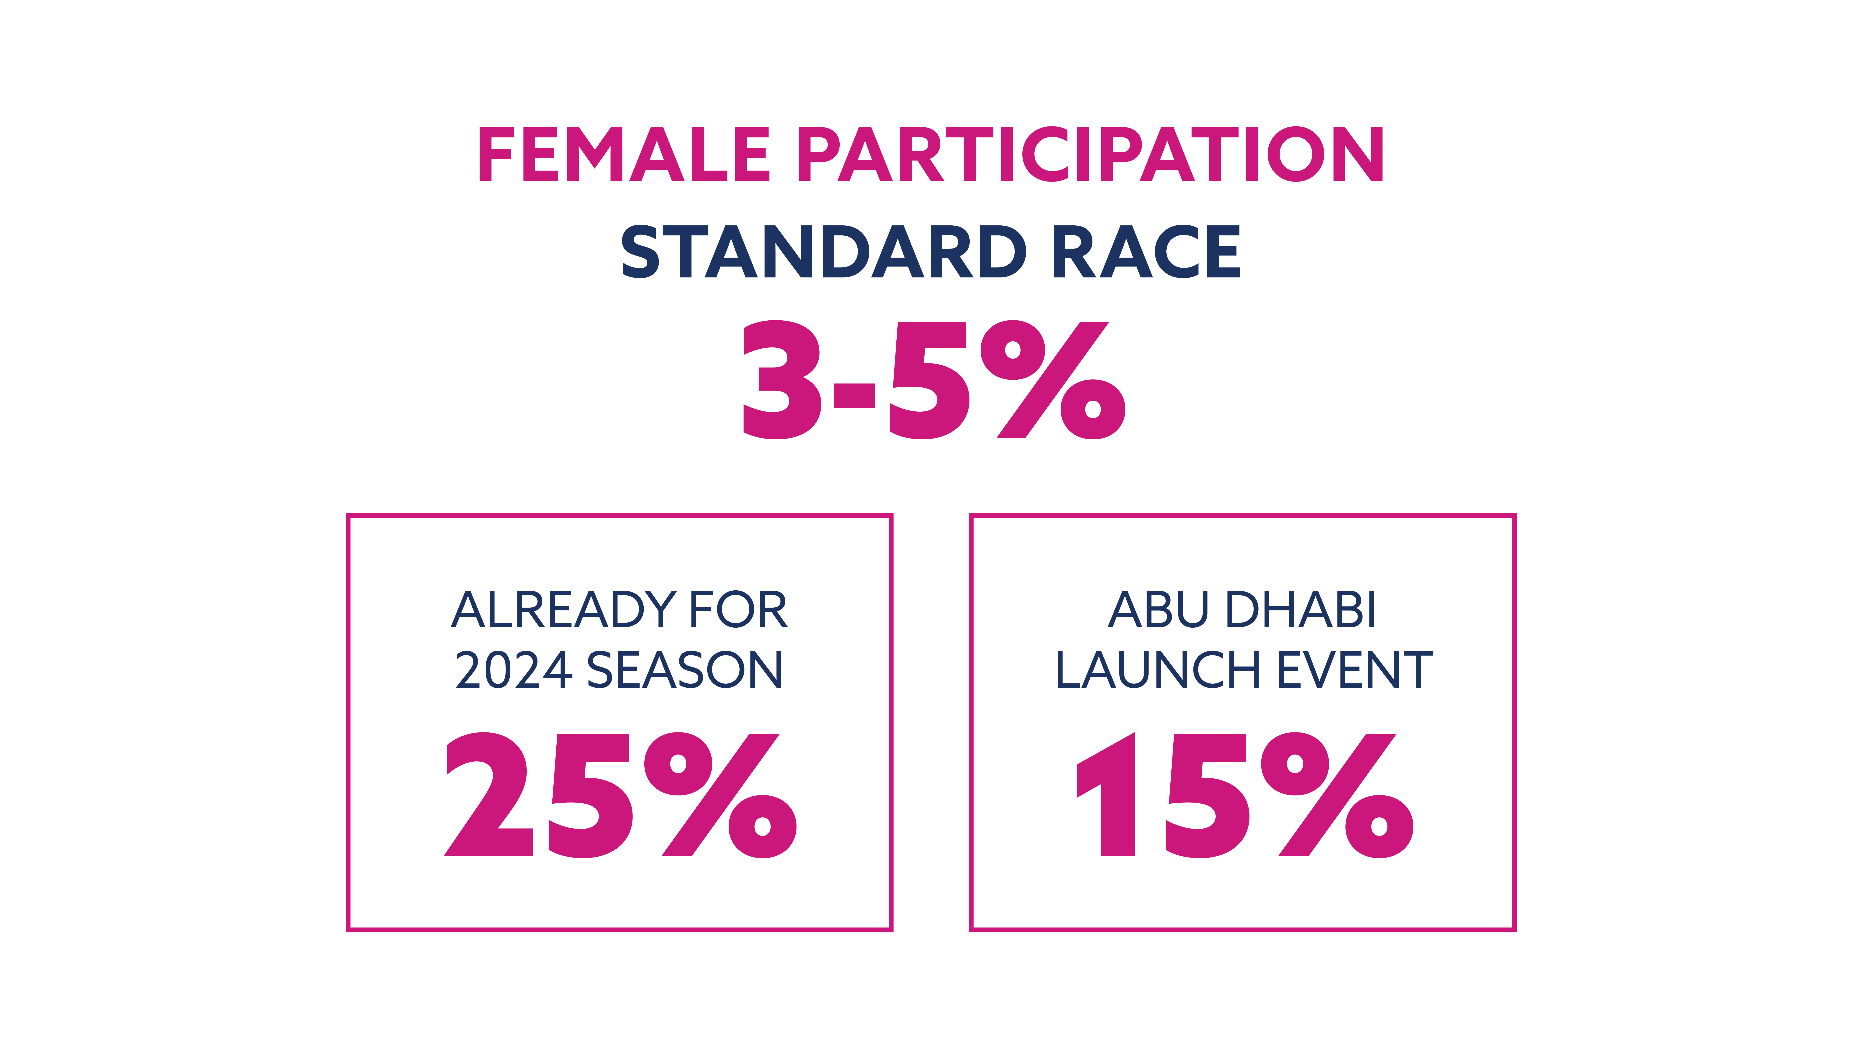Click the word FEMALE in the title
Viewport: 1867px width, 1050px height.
pyautogui.click(x=624, y=154)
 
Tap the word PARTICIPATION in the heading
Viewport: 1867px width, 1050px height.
pyautogui.click(x=1091, y=154)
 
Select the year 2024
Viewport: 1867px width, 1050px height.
pyautogui.click(x=514, y=670)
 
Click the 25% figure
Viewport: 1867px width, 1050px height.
pyautogui.click(x=620, y=795)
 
